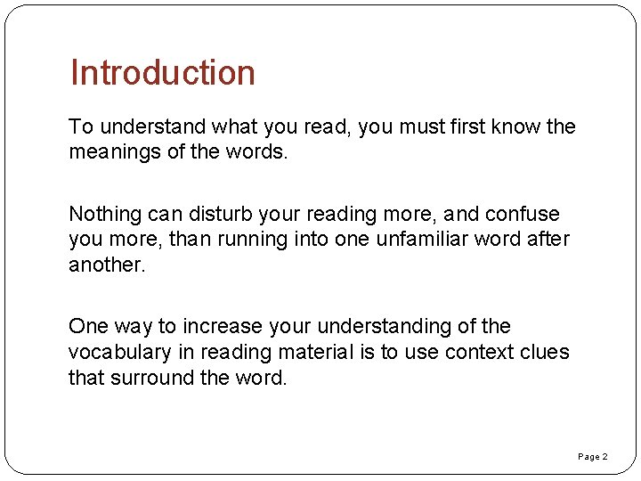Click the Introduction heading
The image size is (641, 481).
click(x=163, y=73)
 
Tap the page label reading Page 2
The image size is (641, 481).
click(x=593, y=457)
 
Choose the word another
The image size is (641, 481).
click(x=106, y=265)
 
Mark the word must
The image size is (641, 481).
click(x=421, y=126)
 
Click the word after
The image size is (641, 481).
click(x=548, y=240)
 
